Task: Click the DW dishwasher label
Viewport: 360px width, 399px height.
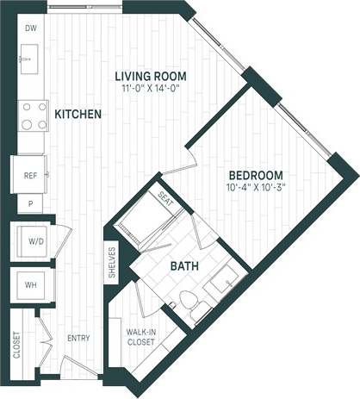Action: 29,28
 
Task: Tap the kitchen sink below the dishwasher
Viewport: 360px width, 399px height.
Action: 27,61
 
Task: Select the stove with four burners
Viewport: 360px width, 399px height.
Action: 32,115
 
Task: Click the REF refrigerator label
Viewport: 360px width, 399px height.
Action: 30,176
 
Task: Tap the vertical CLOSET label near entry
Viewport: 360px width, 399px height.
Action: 16,345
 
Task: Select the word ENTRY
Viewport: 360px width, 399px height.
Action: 78,339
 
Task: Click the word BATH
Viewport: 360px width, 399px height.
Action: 183,267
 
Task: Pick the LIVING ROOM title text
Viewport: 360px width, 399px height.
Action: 152,76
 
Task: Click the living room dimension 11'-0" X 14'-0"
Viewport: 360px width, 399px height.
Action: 152,88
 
